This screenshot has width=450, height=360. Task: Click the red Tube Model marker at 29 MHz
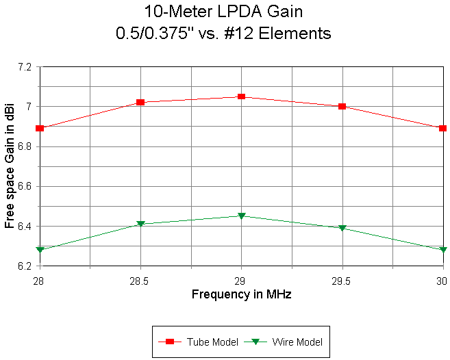pos(241,97)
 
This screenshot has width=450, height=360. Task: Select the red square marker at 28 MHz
pos(40,128)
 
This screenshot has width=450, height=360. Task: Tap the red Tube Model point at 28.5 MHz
pos(140,102)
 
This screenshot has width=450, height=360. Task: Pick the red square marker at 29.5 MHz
pos(342,106)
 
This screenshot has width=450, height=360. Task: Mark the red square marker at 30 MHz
pos(442,128)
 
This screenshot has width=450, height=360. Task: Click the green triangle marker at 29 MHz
pos(241,216)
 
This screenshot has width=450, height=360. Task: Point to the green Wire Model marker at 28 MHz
pos(40,250)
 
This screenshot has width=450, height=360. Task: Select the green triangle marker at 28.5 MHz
pos(140,224)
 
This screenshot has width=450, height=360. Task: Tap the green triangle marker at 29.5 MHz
pos(342,228)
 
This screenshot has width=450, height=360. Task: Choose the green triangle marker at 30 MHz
pos(442,250)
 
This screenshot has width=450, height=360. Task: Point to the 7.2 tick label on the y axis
pos(25,67)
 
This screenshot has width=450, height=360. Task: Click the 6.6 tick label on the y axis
pos(25,186)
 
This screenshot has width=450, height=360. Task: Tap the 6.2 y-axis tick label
pos(25,266)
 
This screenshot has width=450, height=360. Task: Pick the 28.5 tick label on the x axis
pos(140,280)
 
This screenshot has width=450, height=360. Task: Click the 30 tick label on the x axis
pos(441,280)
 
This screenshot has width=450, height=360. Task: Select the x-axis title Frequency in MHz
pos(241,294)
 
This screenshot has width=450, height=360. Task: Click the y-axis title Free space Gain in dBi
pos(9,166)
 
